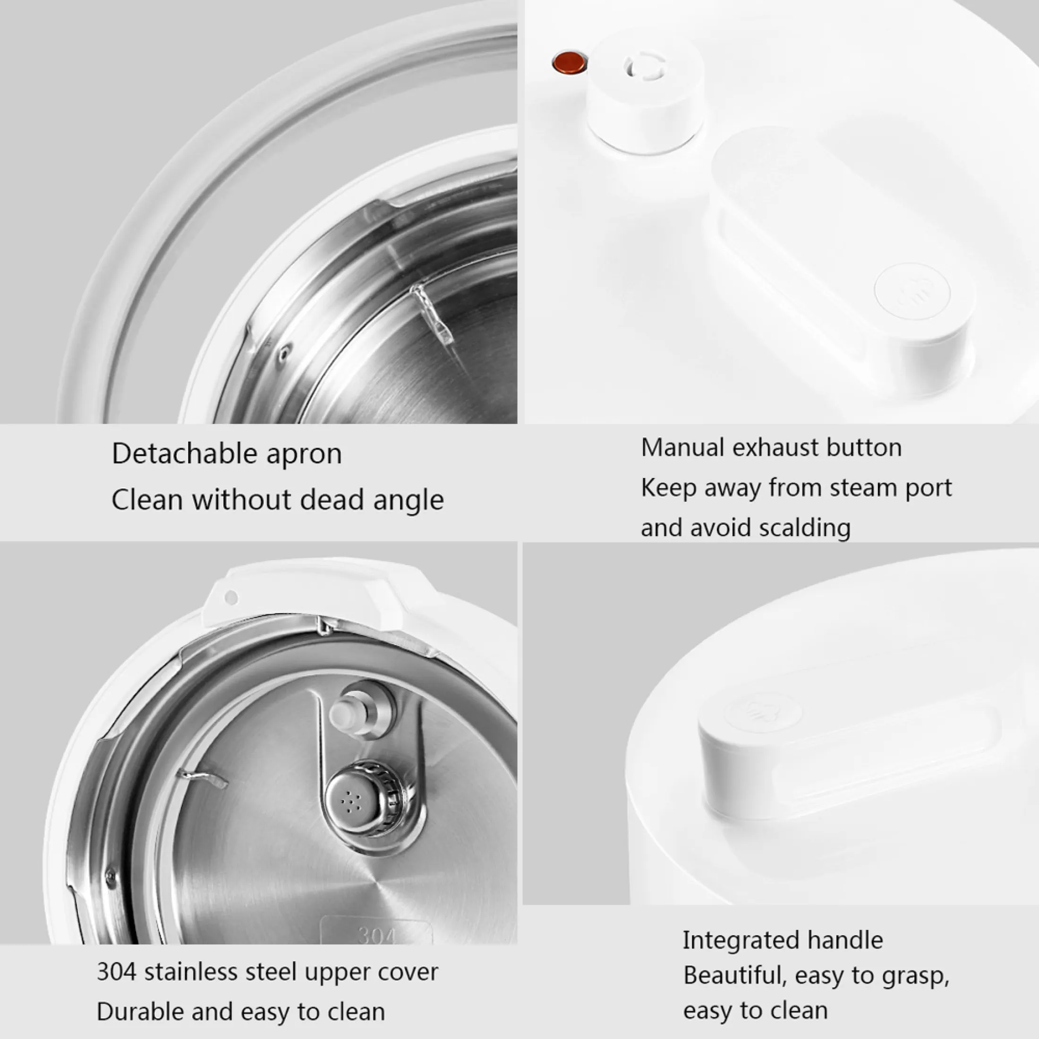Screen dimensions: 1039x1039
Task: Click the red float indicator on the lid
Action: coord(570,62)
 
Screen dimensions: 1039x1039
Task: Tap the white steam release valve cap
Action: coord(645,92)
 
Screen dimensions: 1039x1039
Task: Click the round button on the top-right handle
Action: coord(912,291)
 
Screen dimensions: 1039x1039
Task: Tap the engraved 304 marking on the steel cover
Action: coord(376,937)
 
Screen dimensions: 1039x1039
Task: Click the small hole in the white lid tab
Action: coord(231,597)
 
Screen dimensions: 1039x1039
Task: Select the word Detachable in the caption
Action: coord(185,453)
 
